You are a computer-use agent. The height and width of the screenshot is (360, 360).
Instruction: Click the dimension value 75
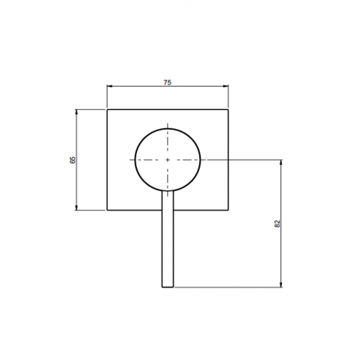click(x=167, y=83)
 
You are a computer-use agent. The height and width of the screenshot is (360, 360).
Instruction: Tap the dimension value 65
click(x=72, y=160)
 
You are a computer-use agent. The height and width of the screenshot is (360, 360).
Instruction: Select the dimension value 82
click(x=277, y=224)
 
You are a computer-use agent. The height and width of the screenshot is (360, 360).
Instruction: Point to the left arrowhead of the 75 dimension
click(x=110, y=86)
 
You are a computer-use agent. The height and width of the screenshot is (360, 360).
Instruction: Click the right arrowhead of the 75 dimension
click(x=225, y=86)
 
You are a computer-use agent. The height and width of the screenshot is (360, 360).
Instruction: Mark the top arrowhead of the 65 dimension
click(x=76, y=112)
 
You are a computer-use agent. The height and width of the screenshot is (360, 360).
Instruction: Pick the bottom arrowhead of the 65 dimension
click(x=76, y=208)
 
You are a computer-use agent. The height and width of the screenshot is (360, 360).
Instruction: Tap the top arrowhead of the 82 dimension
click(x=281, y=162)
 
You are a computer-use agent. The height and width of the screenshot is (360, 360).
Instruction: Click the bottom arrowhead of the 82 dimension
click(x=281, y=284)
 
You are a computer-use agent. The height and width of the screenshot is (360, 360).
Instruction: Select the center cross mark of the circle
click(x=167, y=160)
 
